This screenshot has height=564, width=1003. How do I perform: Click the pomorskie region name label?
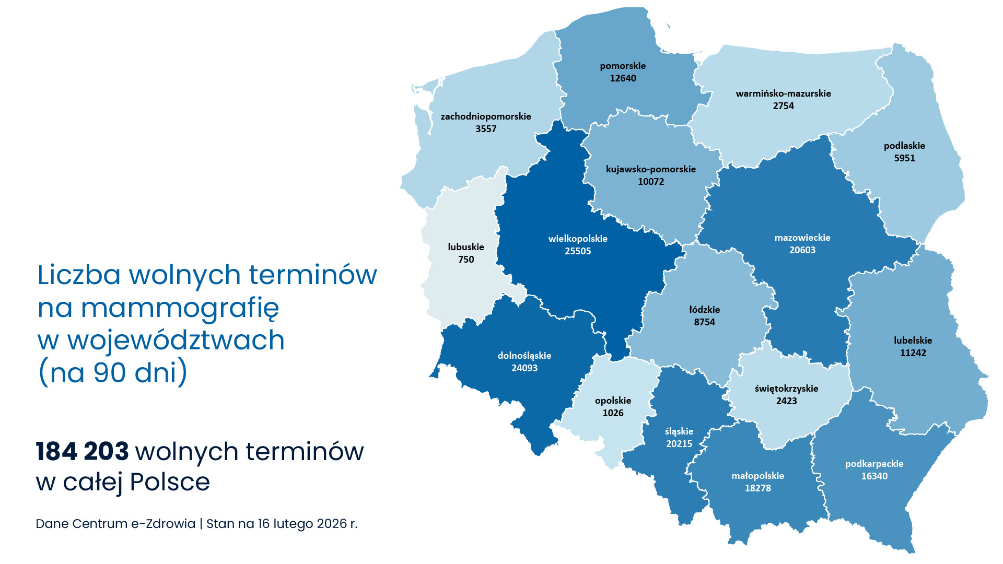(623, 66)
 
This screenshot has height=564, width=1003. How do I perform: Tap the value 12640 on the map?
(623, 78)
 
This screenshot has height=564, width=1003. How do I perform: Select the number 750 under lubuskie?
(466, 260)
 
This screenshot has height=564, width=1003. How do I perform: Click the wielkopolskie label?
(578, 239)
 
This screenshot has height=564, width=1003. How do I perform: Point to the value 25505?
(578, 251)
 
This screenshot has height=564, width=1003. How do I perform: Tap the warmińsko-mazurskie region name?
(783, 93)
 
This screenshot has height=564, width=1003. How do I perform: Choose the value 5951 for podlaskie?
(904, 158)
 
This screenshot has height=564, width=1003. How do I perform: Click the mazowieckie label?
(802, 238)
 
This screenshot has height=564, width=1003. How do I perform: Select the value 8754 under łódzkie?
(704, 322)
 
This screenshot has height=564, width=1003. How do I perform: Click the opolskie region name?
(613, 401)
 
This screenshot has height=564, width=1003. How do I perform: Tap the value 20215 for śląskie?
(679, 444)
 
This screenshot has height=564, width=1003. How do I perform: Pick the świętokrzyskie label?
(786, 389)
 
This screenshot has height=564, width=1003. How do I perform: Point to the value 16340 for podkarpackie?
(874, 476)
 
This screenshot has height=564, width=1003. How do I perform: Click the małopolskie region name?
(757, 476)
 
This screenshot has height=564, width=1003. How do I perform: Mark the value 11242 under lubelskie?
(913, 353)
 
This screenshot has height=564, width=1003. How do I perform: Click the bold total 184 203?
(82, 452)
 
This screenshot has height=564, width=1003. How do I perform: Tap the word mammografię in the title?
(180, 308)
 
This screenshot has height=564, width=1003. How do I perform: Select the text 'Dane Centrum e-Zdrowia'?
(115, 524)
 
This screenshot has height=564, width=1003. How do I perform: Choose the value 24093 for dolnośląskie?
(524, 368)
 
